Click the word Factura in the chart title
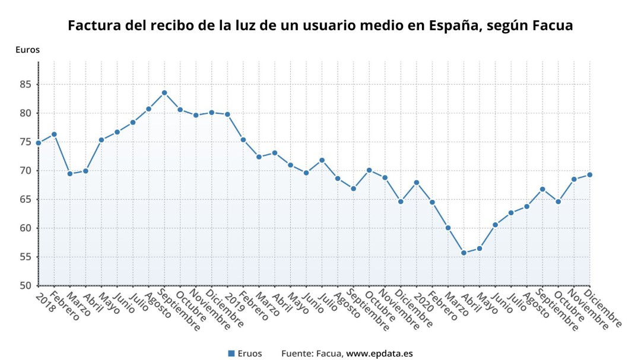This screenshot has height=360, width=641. (x=93, y=26)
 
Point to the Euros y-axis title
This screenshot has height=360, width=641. (x=27, y=50)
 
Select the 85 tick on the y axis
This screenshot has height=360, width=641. (x=26, y=84)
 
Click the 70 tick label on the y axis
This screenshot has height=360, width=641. (x=26, y=171)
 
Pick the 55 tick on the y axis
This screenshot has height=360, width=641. (x=26, y=257)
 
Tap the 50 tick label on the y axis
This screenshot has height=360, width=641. (x=26, y=286)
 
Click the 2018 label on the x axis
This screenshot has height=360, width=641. (x=45, y=300)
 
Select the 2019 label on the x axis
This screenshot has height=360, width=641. (x=233, y=300)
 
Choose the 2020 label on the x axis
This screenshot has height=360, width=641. (x=422, y=300)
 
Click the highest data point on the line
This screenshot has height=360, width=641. (x=164, y=93)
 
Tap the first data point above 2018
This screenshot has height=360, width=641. (x=39, y=143)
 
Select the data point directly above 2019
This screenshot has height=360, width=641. (x=227, y=114)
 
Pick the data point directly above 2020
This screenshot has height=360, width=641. (x=417, y=182)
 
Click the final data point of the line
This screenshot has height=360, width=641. (x=589, y=174)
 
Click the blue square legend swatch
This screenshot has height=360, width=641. (x=231, y=353)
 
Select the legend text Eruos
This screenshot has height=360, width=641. (x=249, y=353)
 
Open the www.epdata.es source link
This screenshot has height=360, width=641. (x=379, y=353)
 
